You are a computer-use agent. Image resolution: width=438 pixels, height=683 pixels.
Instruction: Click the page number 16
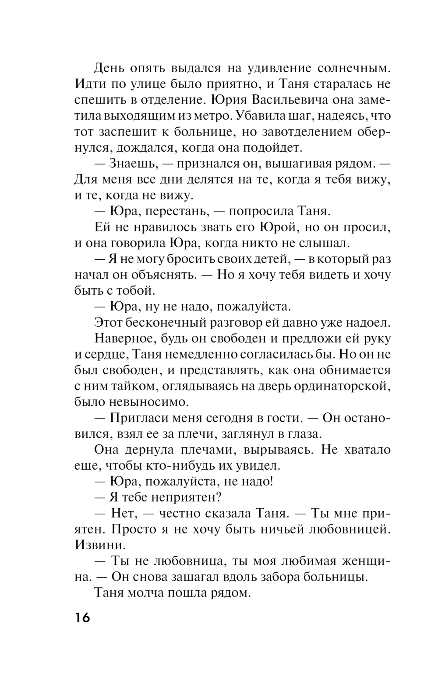click(82, 618)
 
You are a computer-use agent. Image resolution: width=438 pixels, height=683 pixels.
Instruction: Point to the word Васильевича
click(291, 100)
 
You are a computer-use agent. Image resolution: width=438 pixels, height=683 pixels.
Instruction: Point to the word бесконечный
click(173, 322)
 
